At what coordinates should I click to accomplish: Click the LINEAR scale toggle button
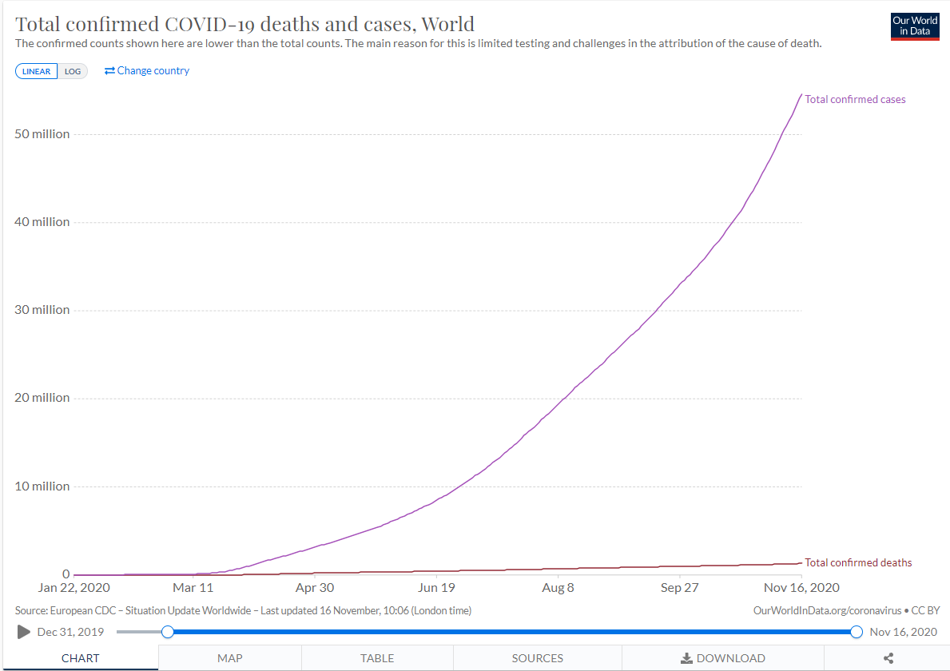[36, 71]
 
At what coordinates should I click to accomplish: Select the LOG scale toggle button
[73, 71]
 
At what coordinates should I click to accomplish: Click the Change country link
[147, 71]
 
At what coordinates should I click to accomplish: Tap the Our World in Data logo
[915, 26]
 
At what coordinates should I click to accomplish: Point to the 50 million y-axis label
[42, 133]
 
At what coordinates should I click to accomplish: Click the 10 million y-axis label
[42, 486]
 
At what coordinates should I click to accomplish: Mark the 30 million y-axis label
[42, 310]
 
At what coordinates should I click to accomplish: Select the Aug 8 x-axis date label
[558, 588]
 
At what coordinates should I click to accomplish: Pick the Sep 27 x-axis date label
[679, 588]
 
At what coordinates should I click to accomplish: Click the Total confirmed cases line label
[855, 100]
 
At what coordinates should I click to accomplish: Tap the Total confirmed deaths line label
[858, 562]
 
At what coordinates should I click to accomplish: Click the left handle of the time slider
[168, 632]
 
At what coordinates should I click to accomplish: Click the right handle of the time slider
[857, 632]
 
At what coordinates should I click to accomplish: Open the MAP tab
[230, 658]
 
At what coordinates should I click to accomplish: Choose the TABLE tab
[377, 658]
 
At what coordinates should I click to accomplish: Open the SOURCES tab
[537, 658]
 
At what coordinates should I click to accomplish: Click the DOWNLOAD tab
[723, 658]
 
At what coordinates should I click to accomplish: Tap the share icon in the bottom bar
[888, 658]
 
